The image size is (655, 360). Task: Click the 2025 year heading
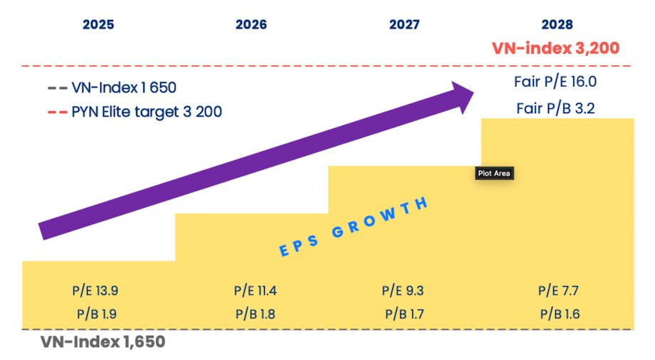98,24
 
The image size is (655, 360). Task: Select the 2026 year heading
251,24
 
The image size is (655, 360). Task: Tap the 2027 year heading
404,24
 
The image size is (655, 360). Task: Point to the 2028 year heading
557,24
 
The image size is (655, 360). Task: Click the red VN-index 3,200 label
555,48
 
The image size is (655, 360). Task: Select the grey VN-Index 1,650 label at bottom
103,342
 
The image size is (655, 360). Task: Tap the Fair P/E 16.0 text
555,82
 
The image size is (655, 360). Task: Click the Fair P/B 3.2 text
555,108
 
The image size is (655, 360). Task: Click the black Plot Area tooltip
494,173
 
